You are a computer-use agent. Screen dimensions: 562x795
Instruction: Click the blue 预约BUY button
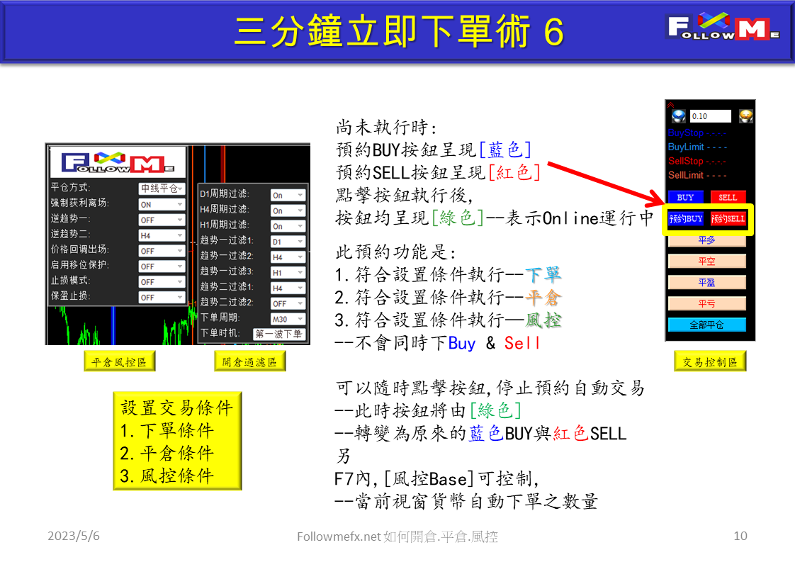tap(686, 219)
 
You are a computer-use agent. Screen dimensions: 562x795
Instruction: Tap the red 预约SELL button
tap(728, 219)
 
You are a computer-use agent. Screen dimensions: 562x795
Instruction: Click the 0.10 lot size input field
tap(710, 116)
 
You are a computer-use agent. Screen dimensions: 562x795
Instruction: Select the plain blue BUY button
tap(686, 197)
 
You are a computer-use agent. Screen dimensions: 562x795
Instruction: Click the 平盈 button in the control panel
tap(706, 282)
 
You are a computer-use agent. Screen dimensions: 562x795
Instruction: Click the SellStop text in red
tap(685, 161)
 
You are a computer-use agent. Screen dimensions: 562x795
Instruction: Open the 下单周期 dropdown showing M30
tap(288, 318)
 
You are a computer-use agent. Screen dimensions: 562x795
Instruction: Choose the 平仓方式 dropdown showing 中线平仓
tap(161, 189)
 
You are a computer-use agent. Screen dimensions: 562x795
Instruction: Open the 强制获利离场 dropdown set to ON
tap(161, 204)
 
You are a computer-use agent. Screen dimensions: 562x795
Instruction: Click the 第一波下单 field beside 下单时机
tap(279, 334)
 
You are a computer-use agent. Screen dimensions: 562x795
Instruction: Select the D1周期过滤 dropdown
tap(288, 195)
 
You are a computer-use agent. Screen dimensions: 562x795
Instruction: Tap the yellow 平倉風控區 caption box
tap(119, 362)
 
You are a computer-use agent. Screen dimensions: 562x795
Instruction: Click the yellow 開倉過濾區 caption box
tap(249, 362)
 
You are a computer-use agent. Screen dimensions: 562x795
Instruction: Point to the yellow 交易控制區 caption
tap(710, 362)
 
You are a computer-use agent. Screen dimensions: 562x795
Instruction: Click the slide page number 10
tap(740, 536)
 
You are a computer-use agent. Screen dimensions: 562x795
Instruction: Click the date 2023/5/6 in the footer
tap(74, 536)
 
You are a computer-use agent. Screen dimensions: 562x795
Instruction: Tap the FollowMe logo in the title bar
tap(723, 29)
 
